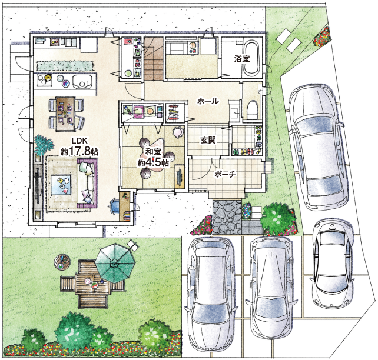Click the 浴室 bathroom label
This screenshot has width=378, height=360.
click(242, 59)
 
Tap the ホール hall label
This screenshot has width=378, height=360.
click(208, 101)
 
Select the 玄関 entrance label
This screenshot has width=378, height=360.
click(208, 140)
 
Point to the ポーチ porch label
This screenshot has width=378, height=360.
click(225, 174)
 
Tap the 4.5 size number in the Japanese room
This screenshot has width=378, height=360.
click(153, 162)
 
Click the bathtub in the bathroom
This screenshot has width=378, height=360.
click(251, 57)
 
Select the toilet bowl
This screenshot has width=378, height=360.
click(252, 109)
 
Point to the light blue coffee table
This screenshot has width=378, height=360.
click(61, 185)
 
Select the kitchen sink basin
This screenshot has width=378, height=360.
click(82, 81)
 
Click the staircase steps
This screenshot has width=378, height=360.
click(153, 59)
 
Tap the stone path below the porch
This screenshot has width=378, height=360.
click(227, 216)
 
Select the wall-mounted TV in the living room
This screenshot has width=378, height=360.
click(37, 184)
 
